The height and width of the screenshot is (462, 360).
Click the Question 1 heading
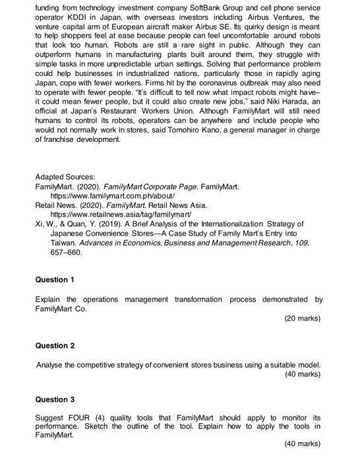pyautogui.click(x=54, y=279)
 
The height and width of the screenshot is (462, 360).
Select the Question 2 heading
pyautogui.click(x=54, y=345)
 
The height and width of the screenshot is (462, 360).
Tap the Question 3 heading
pyautogui.click(x=54, y=399)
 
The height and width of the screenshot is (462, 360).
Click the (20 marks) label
pyautogui.click(x=302, y=318)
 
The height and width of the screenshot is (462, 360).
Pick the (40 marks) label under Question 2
pyautogui.click(x=302, y=374)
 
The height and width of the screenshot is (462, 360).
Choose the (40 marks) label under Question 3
pyautogui.click(x=302, y=444)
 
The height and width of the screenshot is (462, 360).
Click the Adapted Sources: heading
pyautogui.click(x=65, y=178)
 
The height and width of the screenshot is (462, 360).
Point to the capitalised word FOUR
pyautogui.click(x=78, y=418)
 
